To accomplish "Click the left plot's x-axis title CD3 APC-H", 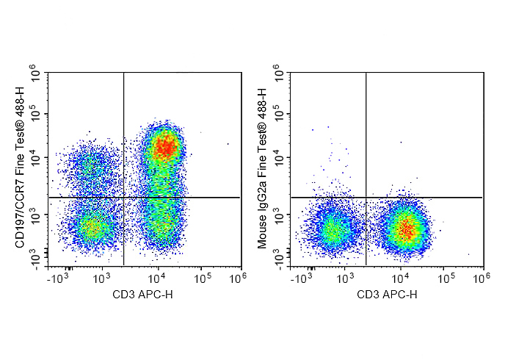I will pos(142,295).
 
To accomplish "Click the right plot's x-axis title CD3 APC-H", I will pos(386,295).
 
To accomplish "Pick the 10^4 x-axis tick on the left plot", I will pos(158,278).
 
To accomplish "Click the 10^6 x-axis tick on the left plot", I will pos(236,278).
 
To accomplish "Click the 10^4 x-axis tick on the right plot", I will pos(400,278).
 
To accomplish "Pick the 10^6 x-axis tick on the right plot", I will pos(479,278).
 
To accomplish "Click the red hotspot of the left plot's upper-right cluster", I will pos(166,148).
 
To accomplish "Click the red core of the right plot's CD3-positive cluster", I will pos(405,230).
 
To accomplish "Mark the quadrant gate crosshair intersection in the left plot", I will pos(123,197).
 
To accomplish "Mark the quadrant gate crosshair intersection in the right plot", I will pos(366,197).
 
